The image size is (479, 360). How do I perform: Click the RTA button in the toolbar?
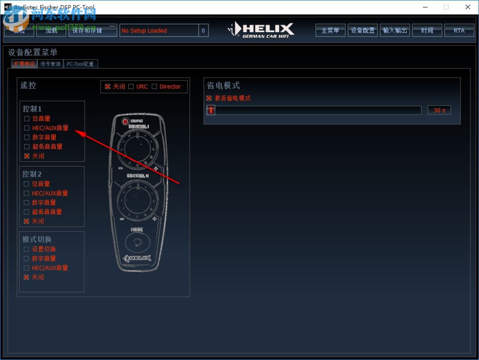[459, 30]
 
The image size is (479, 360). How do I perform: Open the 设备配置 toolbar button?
[363, 30]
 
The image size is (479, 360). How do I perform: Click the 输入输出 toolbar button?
[395, 30]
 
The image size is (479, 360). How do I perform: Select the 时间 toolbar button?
[427, 30]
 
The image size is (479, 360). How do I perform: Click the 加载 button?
[51, 30]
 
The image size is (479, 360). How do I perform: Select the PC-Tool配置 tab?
[80, 64]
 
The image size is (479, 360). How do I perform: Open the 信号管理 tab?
[50, 64]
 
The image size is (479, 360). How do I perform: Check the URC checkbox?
[131, 87]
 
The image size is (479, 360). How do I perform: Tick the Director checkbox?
[154, 87]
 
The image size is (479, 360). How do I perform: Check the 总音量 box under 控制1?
[27, 119]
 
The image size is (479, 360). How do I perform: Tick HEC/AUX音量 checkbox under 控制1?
[27, 128]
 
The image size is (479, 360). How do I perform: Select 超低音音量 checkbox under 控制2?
[27, 212]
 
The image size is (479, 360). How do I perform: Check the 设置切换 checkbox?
[27, 249]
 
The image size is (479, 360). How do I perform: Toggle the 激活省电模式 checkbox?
[209, 98]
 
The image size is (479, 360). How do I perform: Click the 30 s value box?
[439, 110]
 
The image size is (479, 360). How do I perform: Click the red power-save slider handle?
[211, 110]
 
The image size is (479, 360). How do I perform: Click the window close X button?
[468, 7]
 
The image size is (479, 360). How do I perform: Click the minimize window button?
[425, 7]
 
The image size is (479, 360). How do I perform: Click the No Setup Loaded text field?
[159, 30]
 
